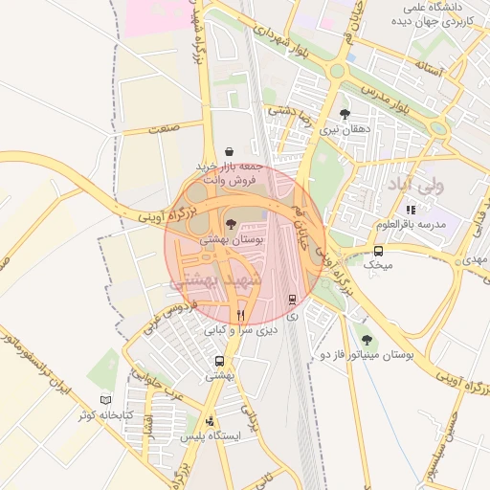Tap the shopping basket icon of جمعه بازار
(x=229, y=151)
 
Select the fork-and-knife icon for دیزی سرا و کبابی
(x=241, y=314)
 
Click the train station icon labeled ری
(x=292, y=299)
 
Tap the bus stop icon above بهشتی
(x=220, y=362)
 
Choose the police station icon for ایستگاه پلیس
(x=211, y=420)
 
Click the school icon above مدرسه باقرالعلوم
(x=411, y=209)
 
